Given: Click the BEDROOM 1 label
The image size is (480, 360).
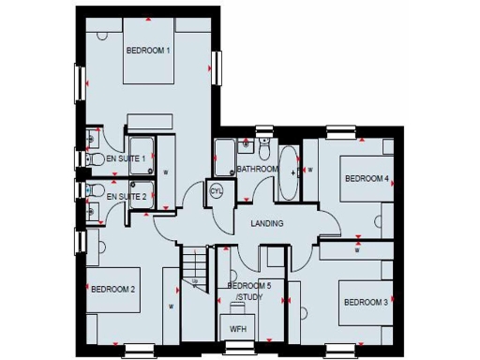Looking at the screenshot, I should [148, 49].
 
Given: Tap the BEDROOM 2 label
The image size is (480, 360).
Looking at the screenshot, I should [113, 290].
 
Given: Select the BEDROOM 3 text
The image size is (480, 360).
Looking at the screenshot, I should [366, 303].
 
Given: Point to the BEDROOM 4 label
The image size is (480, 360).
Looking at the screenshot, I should [367, 178].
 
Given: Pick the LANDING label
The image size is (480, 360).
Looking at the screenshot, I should [266, 223].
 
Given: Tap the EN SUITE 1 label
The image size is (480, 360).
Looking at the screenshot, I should [126, 159].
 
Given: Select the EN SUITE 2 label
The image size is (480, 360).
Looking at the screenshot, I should [126, 197].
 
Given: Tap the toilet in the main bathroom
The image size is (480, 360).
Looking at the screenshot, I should [265, 150].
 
